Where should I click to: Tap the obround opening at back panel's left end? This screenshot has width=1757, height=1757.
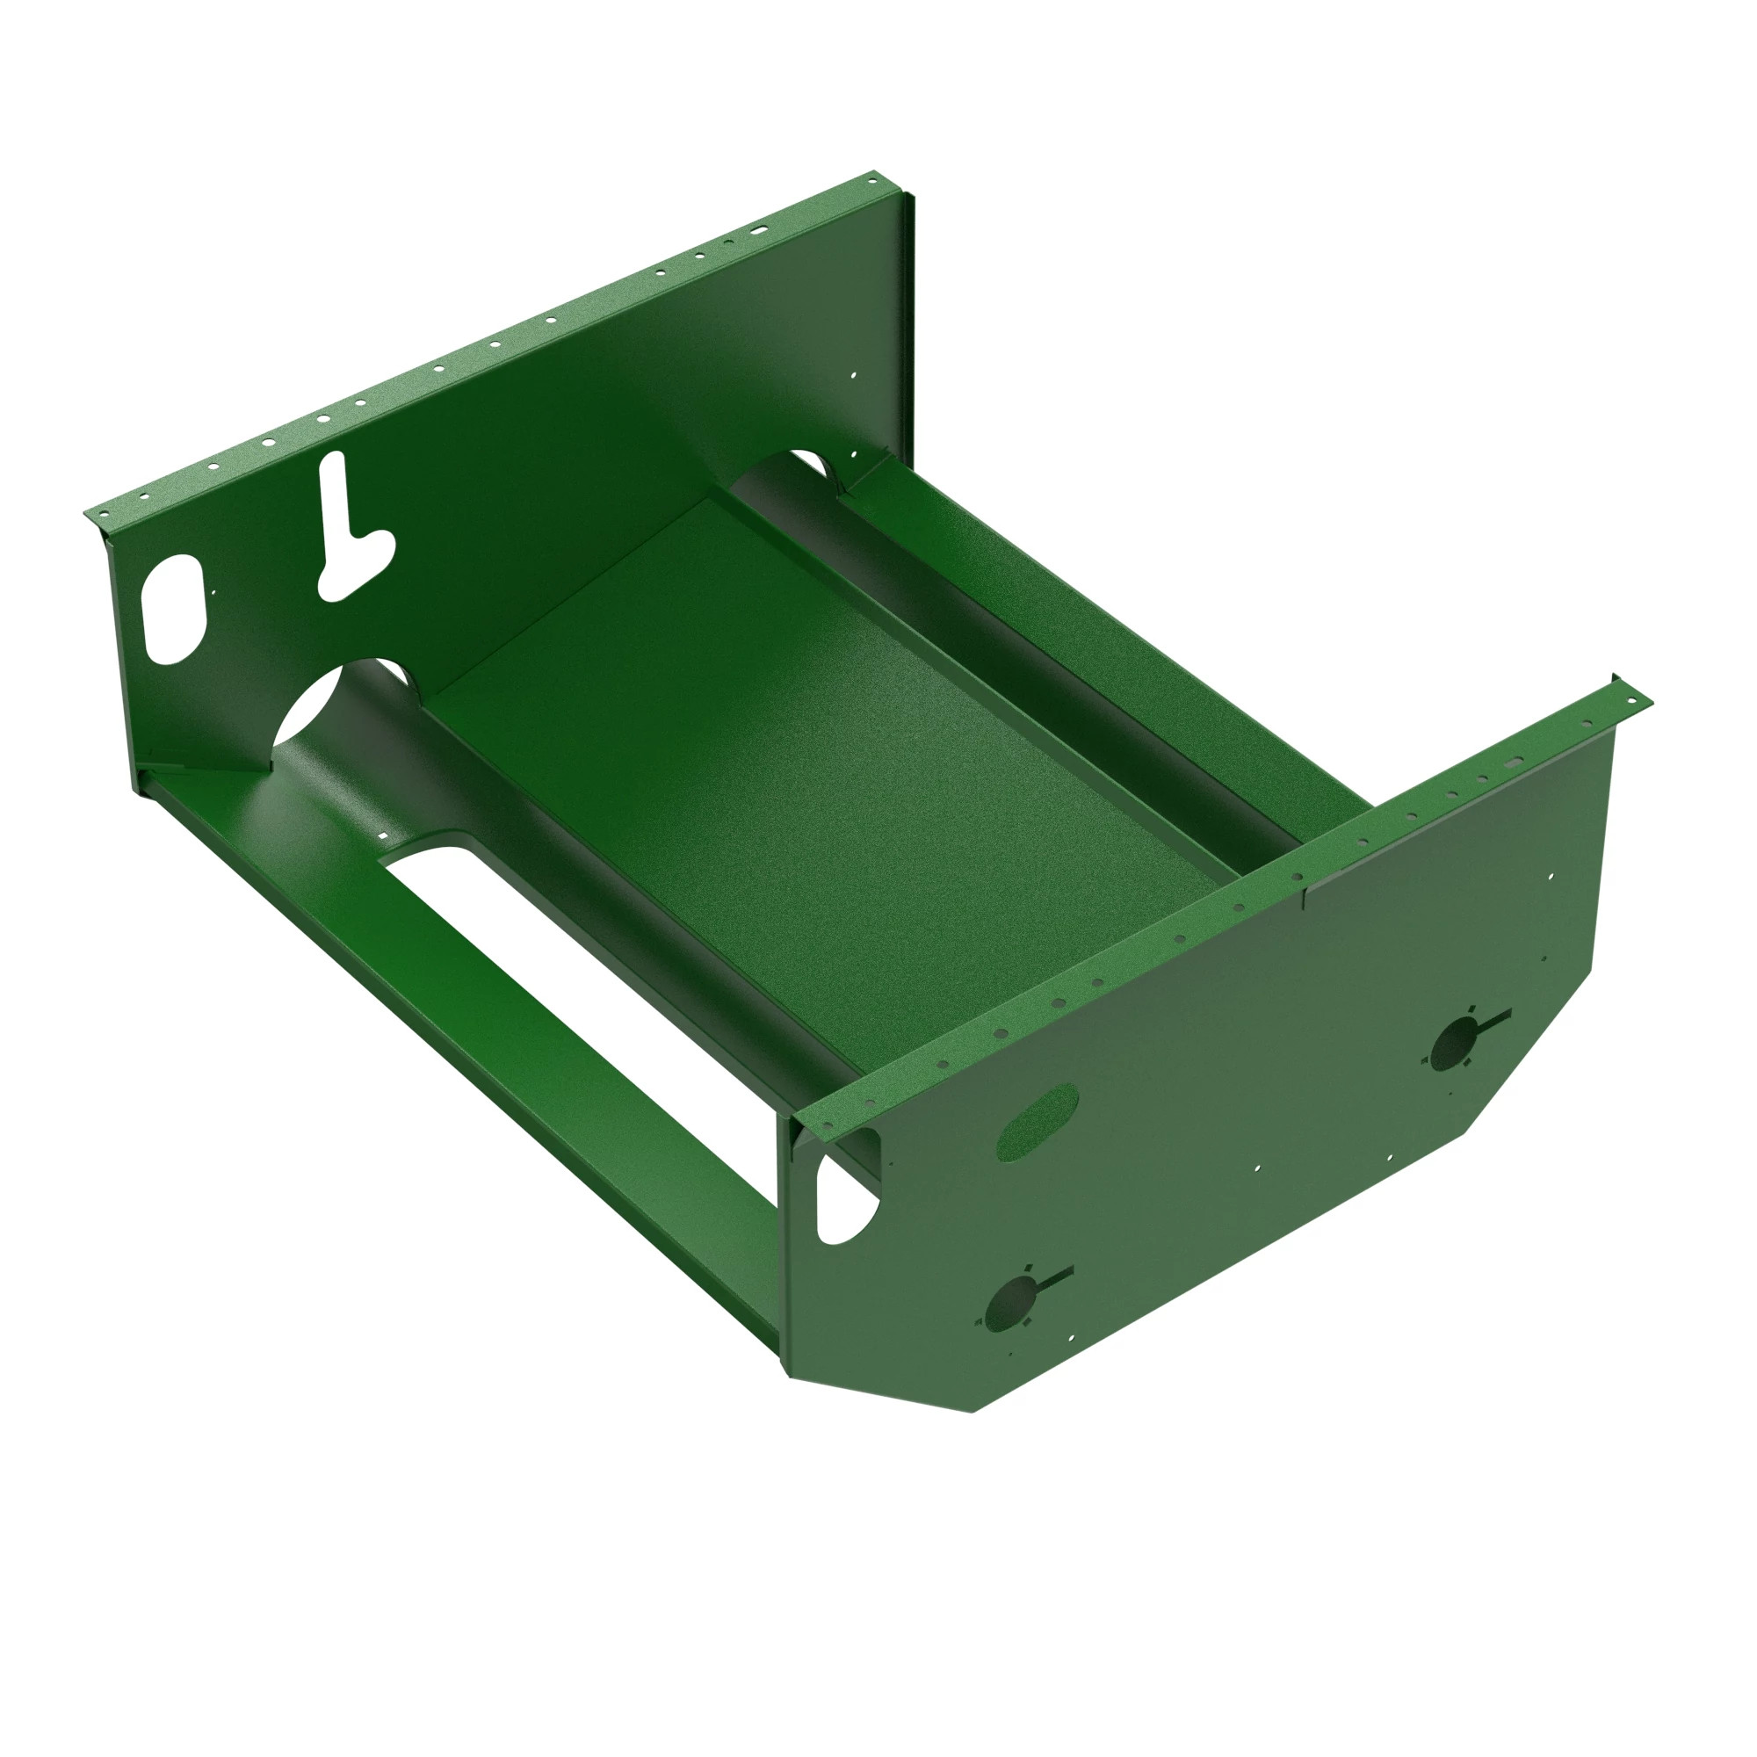pos(173,610)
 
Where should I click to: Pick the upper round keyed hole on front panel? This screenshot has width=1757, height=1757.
pos(1457,1043)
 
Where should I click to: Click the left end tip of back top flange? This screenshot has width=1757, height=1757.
pos(89,514)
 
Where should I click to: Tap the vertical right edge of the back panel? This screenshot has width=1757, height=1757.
pos(912,318)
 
